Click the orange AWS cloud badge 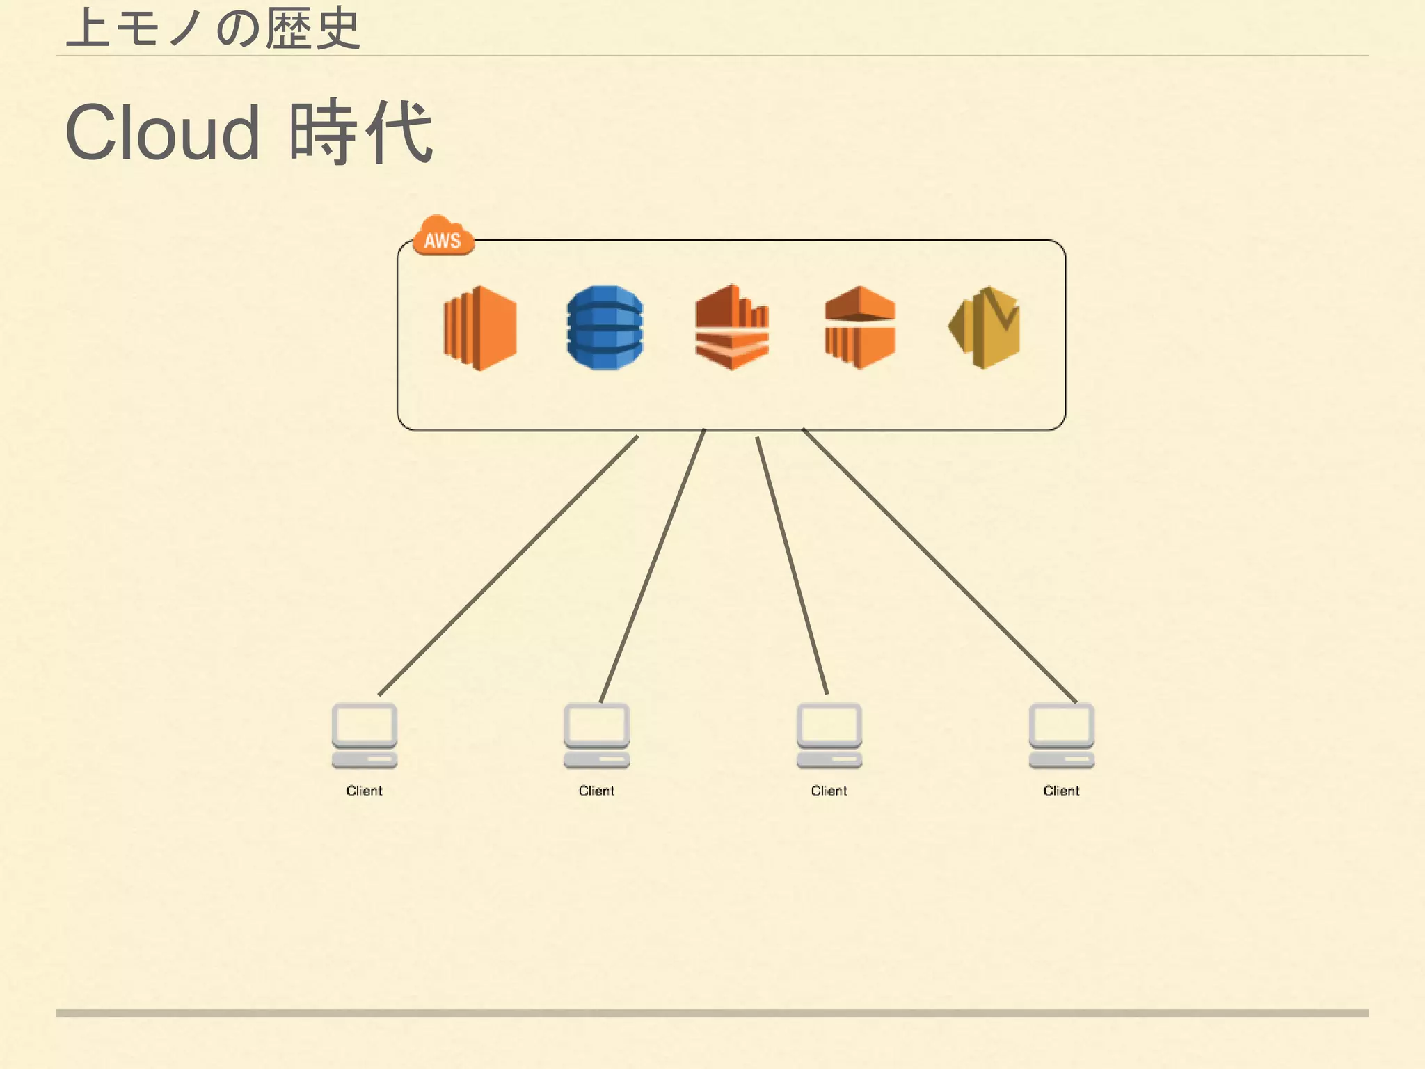[x=443, y=237]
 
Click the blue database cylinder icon [x=605, y=327]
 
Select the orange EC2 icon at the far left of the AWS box [x=480, y=327]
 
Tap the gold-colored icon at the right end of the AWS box [x=985, y=327]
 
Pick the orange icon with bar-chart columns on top [x=731, y=327]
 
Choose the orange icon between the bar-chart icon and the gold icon [x=860, y=327]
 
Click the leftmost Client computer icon [x=364, y=736]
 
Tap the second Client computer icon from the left [x=596, y=736]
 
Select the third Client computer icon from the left [x=829, y=736]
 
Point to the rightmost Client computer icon [x=1061, y=736]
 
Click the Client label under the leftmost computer [x=364, y=791]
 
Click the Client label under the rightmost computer [x=1061, y=791]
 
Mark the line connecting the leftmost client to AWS [x=508, y=565]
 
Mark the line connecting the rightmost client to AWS [x=939, y=565]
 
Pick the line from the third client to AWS [x=792, y=565]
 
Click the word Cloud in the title [x=163, y=132]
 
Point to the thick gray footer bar [x=712, y=1013]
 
